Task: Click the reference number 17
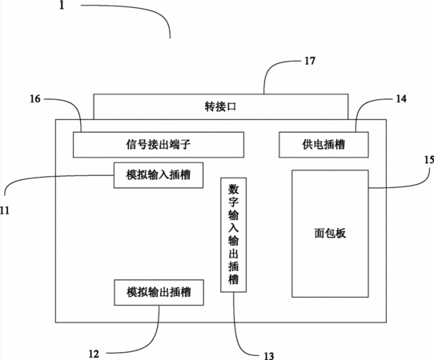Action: (x=310, y=61)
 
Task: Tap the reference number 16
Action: (x=35, y=98)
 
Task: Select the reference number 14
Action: (x=401, y=98)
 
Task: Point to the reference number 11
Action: (x=5, y=210)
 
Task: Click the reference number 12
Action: (x=94, y=354)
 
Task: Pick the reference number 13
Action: (x=268, y=355)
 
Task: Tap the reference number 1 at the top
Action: (x=62, y=5)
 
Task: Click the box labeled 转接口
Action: (x=220, y=106)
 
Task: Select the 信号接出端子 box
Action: (x=159, y=145)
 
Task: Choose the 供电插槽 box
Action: (x=323, y=145)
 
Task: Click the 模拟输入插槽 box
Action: (x=159, y=175)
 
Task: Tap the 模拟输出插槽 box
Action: (x=159, y=292)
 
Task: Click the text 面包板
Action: (x=330, y=234)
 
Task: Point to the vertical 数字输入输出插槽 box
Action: (x=233, y=234)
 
